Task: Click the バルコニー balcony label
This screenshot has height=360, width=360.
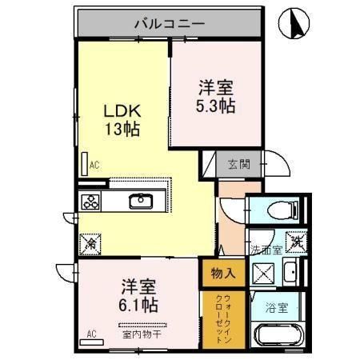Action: point(170,24)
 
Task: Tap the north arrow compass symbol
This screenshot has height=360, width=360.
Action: point(294,23)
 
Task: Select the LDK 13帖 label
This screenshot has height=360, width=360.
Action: point(122,120)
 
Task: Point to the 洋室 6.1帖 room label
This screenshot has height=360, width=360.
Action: point(138,295)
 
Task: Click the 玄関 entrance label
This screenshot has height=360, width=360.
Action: point(239,164)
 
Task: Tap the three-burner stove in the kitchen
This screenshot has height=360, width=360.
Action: point(90,202)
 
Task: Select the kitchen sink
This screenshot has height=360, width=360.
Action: point(141,201)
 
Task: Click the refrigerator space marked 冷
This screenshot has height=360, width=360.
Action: point(90,244)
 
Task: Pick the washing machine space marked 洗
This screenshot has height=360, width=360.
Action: point(296,242)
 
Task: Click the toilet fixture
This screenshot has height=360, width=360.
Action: point(282,210)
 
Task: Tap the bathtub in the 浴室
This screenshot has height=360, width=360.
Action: point(278,335)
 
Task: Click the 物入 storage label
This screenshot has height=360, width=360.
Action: point(223,273)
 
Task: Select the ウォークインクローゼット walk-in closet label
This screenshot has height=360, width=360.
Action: point(224,318)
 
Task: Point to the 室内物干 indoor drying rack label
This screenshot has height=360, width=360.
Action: point(142,334)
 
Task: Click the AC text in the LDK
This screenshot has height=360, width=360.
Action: point(94,165)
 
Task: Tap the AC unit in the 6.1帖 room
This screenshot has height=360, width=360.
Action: point(91,342)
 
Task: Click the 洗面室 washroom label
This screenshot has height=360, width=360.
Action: point(266,250)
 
